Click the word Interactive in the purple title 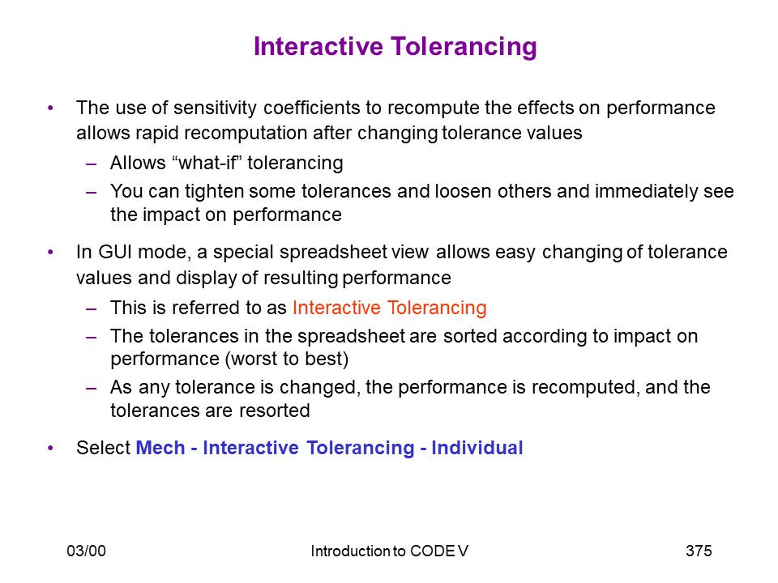pyautogui.click(x=318, y=47)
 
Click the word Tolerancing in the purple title pyautogui.click(x=464, y=48)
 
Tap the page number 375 pyautogui.click(x=699, y=551)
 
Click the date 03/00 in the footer pyautogui.click(x=87, y=551)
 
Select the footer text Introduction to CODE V pyautogui.click(x=390, y=551)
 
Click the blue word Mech pyautogui.click(x=160, y=448)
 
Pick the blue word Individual pyautogui.click(x=477, y=448)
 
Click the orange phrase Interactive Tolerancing pyautogui.click(x=390, y=308)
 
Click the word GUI pyautogui.click(x=115, y=252)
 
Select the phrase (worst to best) pyautogui.click(x=287, y=359)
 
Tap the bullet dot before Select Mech pyautogui.click(x=50, y=448)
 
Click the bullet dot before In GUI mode pyautogui.click(x=50, y=253)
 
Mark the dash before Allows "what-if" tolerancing pyautogui.click(x=91, y=164)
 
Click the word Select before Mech pyautogui.click(x=103, y=448)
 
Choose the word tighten pyautogui.click(x=214, y=191)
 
